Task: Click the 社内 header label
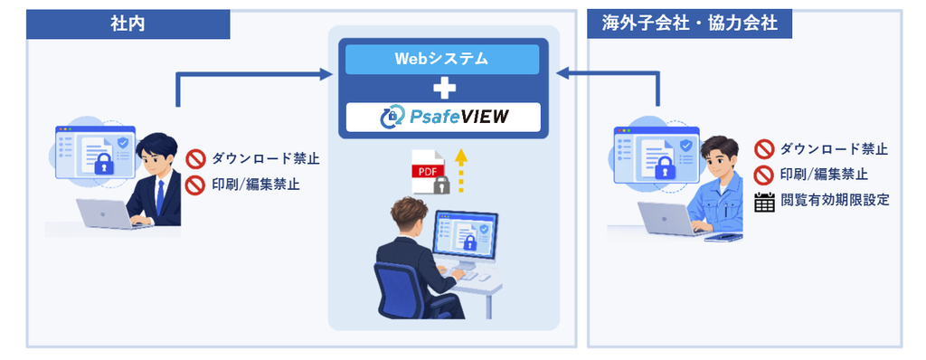coord(128,24)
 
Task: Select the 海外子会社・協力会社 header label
coord(689,24)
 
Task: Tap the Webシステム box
coord(442,59)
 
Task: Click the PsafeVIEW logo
coord(442,117)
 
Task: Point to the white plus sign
coord(443,89)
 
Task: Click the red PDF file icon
coord(428,172)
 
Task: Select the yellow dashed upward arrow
coord(462,171)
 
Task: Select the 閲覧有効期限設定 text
coord(835,201)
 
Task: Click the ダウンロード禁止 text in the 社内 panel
coord(266,158)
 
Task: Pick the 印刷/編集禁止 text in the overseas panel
coord(824,175)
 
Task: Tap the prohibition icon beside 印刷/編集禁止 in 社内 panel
coord(195,185)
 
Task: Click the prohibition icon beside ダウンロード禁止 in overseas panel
coord(764,149)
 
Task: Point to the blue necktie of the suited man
coord(159,195)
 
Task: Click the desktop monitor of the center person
coord(466,234)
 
